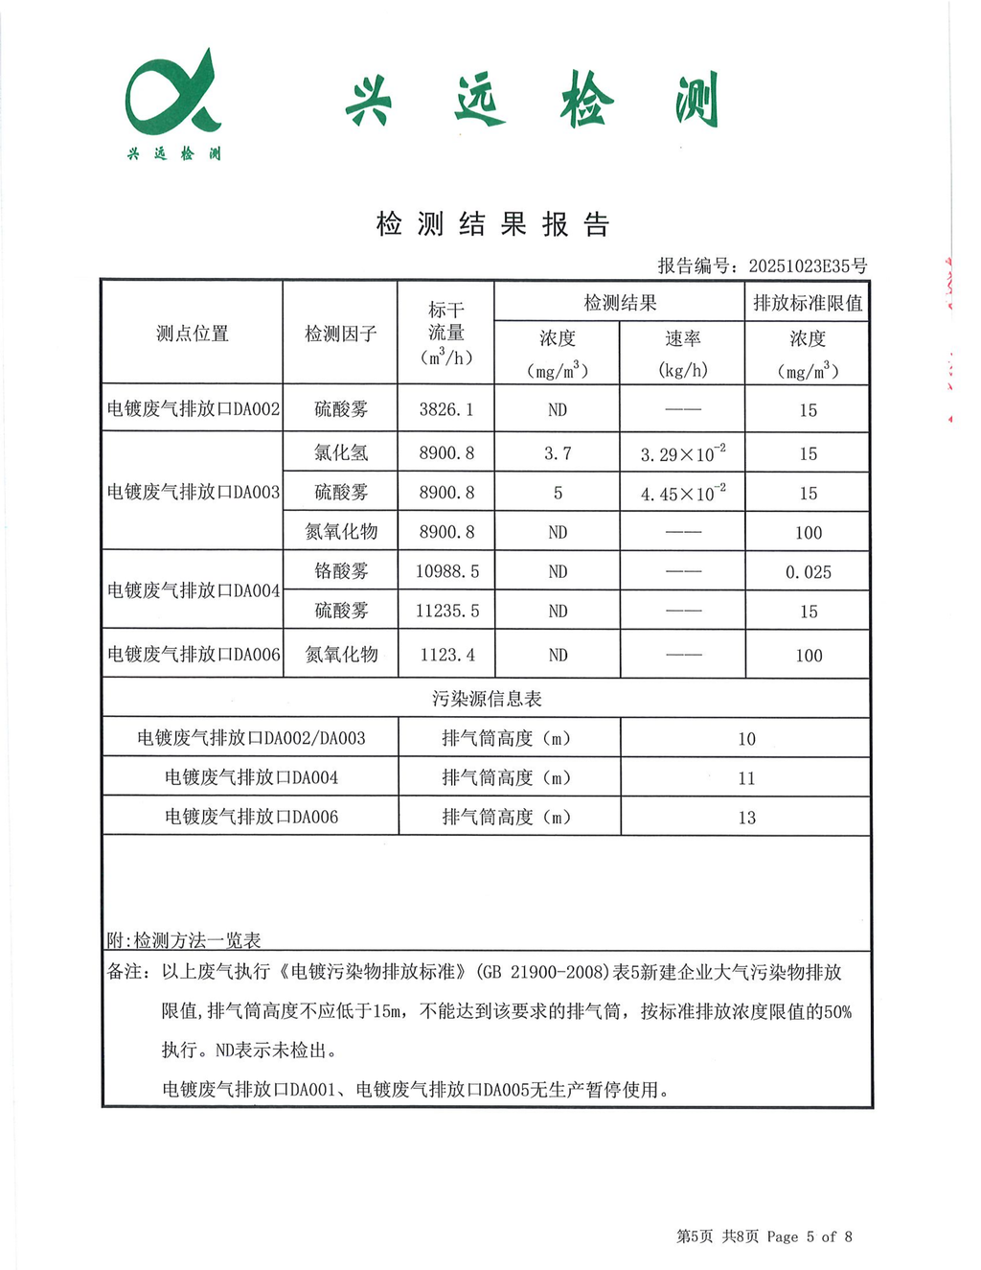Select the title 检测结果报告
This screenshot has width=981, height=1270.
click(x=492, y=224)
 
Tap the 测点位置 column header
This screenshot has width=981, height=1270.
click(x=193, y=334)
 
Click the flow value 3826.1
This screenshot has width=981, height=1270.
click(x=446, y=409)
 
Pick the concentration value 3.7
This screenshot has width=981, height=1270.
click(x=558, y=453)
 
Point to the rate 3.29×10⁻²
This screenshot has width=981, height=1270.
click(x=683, y=453)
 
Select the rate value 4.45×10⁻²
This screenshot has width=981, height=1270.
click(x=683, y=494)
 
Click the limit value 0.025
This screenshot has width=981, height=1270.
click(x=808, y=572)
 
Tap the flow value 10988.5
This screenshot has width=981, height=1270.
click(x=446, y=571)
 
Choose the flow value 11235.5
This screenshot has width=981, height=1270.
click(x=446, y=611)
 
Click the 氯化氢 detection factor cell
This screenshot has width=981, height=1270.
click(x=341, y=453)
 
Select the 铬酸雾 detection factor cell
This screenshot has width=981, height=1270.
click(x=341, y=571)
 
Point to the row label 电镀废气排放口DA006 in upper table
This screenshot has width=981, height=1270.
click(x=194, y=655)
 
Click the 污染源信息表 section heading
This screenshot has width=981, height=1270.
click(x=487, y=699)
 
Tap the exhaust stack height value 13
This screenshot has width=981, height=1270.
click(x=746, y=818)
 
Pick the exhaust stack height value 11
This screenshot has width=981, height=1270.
click(x=746, y=778)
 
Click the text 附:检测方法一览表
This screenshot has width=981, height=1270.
click(x=184, y=940)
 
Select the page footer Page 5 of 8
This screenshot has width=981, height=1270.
click(x=809, y=1236)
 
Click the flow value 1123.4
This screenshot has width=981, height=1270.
click(x=446, y=655)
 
